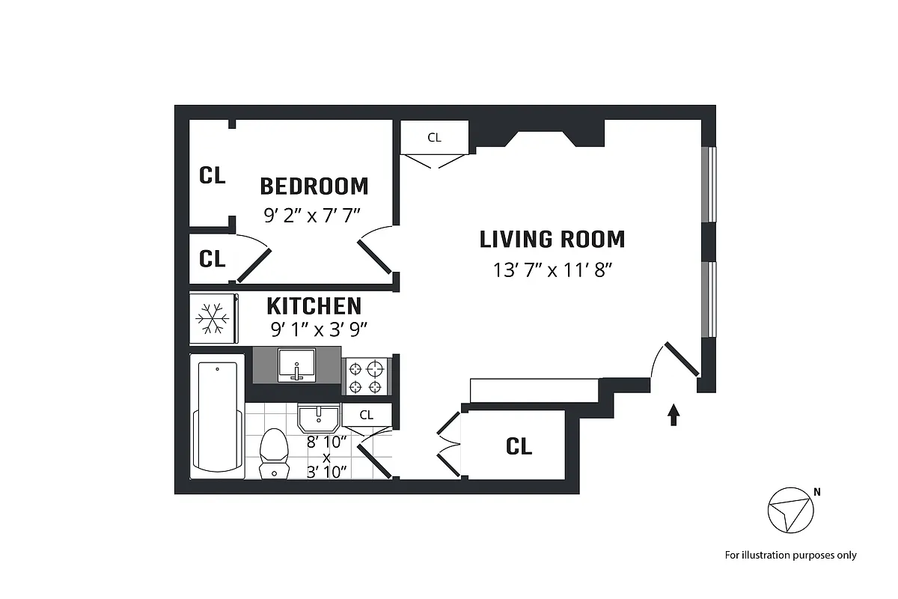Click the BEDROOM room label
coord(314,186)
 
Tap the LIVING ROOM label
coord(552,240)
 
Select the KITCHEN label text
coord(314,306)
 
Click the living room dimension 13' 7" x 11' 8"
coord(553,270)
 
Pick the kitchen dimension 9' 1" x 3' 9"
coord(319,329)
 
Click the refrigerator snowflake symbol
coord(213,318)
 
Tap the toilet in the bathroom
coord(273,453)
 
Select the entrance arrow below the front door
coord(673,415)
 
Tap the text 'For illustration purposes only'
coord(790,555)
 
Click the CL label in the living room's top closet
coord(434,138)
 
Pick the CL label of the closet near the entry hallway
coord(519,446)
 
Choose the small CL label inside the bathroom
coord(366,415)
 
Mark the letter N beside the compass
coord(817,492)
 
